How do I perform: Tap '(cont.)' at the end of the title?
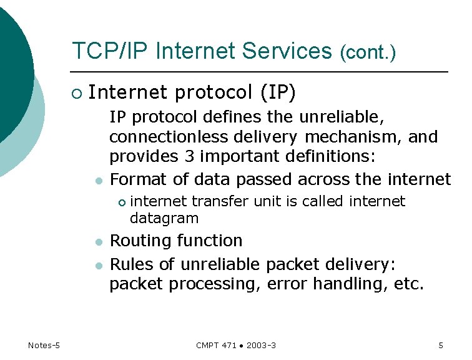pyautogui.click(x=368, y=53)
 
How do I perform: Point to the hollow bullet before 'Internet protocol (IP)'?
pyautogui.click(x=76, y=94)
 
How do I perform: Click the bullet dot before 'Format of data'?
pyautogui.click(x=98, y=181)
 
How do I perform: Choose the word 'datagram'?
pyautogui.click(x=164, y=219)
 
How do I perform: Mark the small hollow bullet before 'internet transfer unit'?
pyautogui.click(x=122, y=202)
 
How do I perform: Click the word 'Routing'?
pyautogui.click(x=139, y=241)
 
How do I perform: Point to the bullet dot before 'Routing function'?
pyautogui.click(x=98, y=242)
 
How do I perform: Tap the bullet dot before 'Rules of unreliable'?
pyautogui.click(x=98, y=264)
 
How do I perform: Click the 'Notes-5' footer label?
pyautogui.click(x=44, y=346)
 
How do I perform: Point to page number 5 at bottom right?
pyautogui.click(x=441, y=346)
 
